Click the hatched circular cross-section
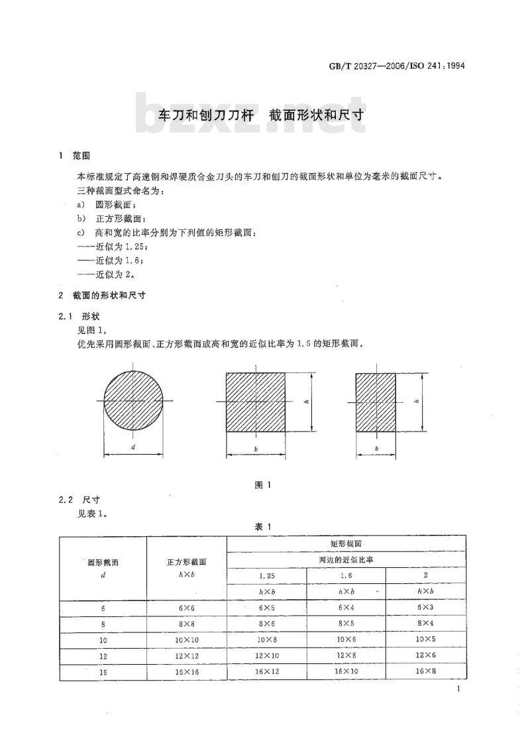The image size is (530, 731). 133,400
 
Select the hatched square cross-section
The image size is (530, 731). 256,402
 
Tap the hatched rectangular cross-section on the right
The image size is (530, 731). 376,402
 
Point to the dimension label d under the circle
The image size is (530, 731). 133,448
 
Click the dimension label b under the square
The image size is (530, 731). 256,449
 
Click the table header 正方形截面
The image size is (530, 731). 186,562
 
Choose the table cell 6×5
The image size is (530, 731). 266,608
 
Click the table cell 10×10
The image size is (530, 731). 186,640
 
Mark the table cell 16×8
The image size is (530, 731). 425,671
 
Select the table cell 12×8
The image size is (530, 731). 346,656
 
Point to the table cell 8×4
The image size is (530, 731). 425,624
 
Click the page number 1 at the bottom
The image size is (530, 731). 458,691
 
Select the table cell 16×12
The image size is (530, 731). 266,671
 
